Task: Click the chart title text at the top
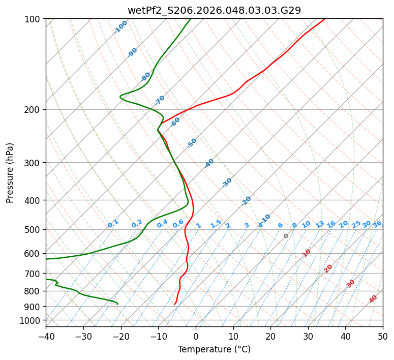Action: [214, 10]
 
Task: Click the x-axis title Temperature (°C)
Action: [214, 349]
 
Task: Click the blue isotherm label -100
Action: [121, 27]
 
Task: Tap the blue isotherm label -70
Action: [160, 100]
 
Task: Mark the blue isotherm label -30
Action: [227, 183]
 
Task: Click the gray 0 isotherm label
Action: [286, 236]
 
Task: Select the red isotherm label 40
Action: [373, 299]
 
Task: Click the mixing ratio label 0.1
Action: [113, 224]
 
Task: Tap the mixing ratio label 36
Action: [377, 224]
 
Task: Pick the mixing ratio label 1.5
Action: [216, 224]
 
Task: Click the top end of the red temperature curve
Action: [324, 19]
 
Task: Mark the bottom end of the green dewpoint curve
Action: [117, 304]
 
